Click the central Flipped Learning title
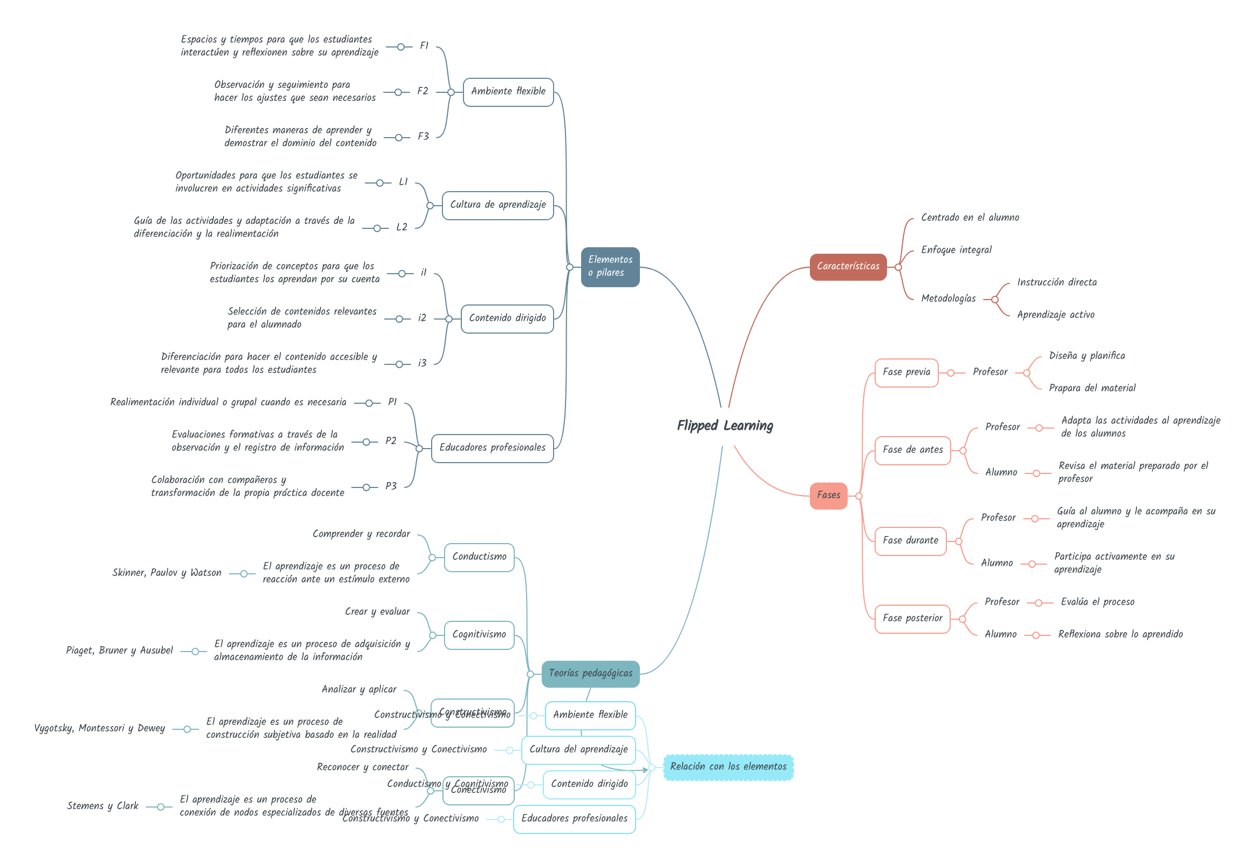click(725, 425)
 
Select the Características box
click(847, 266)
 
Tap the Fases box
click(828, 496)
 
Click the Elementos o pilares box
click(610, 266)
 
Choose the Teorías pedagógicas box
click(590, 673)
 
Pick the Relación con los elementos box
click(727, 767)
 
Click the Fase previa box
click(905, 372)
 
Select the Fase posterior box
click(911, 619)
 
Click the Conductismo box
click(479, 557)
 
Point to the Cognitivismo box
click(479, 635)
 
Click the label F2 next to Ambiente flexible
click(422, 91)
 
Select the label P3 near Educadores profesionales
click(391, 486)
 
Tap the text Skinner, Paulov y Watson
click(166, 573)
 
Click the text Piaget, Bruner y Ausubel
click(119, 650)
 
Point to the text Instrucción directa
click(1056, 282)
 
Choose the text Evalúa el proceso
click(1097, 602)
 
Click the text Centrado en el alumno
click(970, 218)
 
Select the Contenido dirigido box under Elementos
click(507, 318)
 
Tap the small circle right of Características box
click(897, 267)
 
